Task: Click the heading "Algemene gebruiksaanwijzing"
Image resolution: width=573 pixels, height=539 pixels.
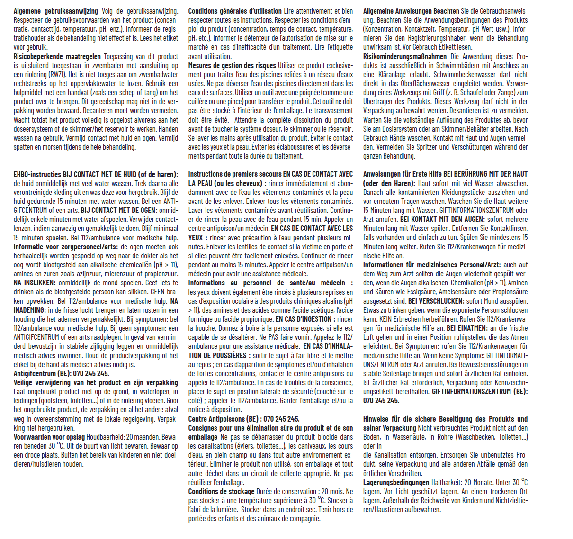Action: coord(56,11)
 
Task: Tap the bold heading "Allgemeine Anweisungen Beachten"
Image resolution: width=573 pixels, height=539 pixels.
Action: coord(411,11)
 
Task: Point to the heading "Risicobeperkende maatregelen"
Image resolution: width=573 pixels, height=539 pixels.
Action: coord(57,56)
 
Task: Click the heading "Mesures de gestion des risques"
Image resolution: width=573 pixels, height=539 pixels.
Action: coord(232,65)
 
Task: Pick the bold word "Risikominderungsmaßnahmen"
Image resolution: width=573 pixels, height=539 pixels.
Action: coord(405,56)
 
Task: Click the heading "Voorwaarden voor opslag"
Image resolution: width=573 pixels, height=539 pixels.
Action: coord(49,437)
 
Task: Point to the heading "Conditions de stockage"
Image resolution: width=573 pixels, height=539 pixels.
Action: coord(221,491)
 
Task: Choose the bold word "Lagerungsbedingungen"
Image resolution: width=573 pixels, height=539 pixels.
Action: coord(396,482)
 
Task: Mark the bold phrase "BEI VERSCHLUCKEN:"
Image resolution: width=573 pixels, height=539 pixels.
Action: coord(436,301)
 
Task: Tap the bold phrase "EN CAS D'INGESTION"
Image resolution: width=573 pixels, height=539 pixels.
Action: coord(304,319)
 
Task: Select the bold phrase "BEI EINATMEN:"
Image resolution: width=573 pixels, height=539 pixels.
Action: coord(467,328)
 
